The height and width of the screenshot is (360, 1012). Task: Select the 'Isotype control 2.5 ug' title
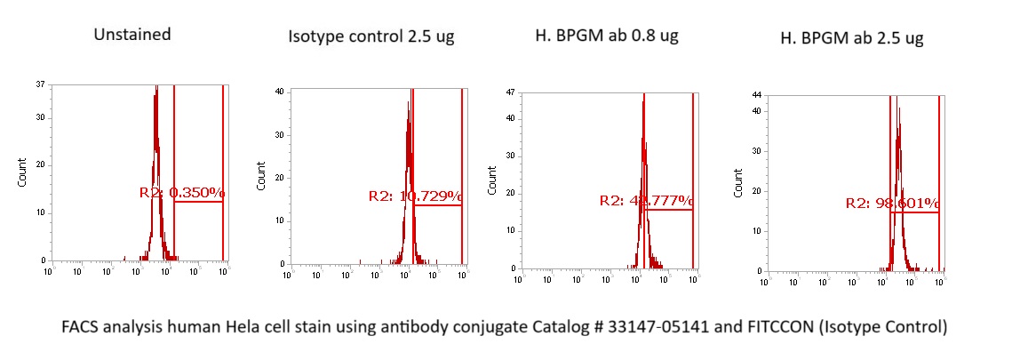point(371,37)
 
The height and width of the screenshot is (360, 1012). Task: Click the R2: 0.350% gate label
point(182,192)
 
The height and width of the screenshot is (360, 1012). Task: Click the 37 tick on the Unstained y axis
point(41,85)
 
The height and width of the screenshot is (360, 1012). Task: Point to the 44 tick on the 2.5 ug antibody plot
point(756,94)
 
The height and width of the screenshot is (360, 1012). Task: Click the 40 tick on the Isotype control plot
point(278,92)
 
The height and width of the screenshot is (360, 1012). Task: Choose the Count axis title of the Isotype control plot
point(261,176)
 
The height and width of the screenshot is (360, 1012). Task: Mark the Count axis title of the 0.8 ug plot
point(492,180)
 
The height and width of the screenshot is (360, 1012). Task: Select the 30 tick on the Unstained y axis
point(41,117)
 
